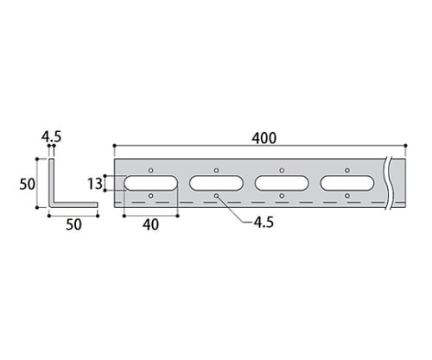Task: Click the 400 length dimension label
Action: pyautogui.click(x=264, y=138)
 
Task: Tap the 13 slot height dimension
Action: pyautogui.click(x=95, y=184)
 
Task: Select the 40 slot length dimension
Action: pyautogui.click(x=150, y=224)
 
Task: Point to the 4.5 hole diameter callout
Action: pyautogui.click(x=264, y=223)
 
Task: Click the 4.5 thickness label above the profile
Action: pyautogui.click(x=52, y=136)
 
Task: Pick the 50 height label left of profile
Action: pyautogui.click(x=28, y=184)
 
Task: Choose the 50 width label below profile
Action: pyautogui.click(x=73, y=224)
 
